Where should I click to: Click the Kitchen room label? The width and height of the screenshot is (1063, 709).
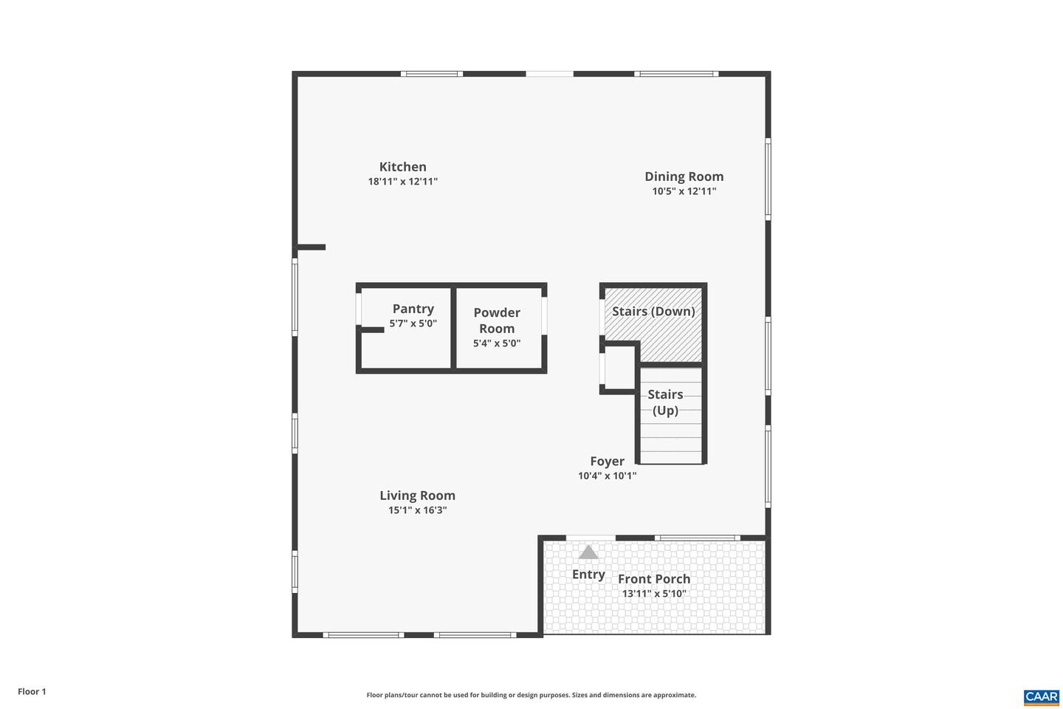[x=402, y=167]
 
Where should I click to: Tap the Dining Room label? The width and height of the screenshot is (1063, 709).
[x=684, y=177]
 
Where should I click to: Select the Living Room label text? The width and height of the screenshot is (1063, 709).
[x=417, y=496]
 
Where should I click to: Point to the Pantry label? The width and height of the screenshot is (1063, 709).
[x=413, y=309]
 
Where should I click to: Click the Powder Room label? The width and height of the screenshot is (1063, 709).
[x=497, y=321]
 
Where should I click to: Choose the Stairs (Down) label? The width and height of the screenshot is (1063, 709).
[x=653, y=311]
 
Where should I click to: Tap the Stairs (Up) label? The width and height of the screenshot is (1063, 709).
[x=665, y=403]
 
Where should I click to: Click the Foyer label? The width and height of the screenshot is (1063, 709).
[x=607, y=462]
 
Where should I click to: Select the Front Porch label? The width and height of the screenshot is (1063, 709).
[x=654, y=579]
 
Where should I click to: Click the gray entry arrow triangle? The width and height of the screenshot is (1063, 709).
[x=588, y=552]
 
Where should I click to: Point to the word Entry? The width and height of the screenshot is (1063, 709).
[x=588, y=575]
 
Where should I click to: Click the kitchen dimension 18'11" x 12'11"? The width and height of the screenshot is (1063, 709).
[x=402, y=182]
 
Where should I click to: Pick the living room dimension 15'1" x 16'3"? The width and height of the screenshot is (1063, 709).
[x=417, y=510]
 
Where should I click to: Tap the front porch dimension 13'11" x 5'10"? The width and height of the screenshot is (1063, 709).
[x=654, y=594]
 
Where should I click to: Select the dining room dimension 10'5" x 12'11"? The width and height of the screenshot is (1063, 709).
[x=684, y=191]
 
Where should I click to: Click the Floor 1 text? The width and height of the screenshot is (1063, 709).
[x=32, y=692]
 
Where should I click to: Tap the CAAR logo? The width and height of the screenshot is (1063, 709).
[x=1041, y=697]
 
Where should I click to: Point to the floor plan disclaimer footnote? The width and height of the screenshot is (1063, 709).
[x=531, y=695]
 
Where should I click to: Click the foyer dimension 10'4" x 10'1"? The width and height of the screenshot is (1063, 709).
[x=607, y=476]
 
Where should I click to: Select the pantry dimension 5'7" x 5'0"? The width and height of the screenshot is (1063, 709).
[x=413, y=323]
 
